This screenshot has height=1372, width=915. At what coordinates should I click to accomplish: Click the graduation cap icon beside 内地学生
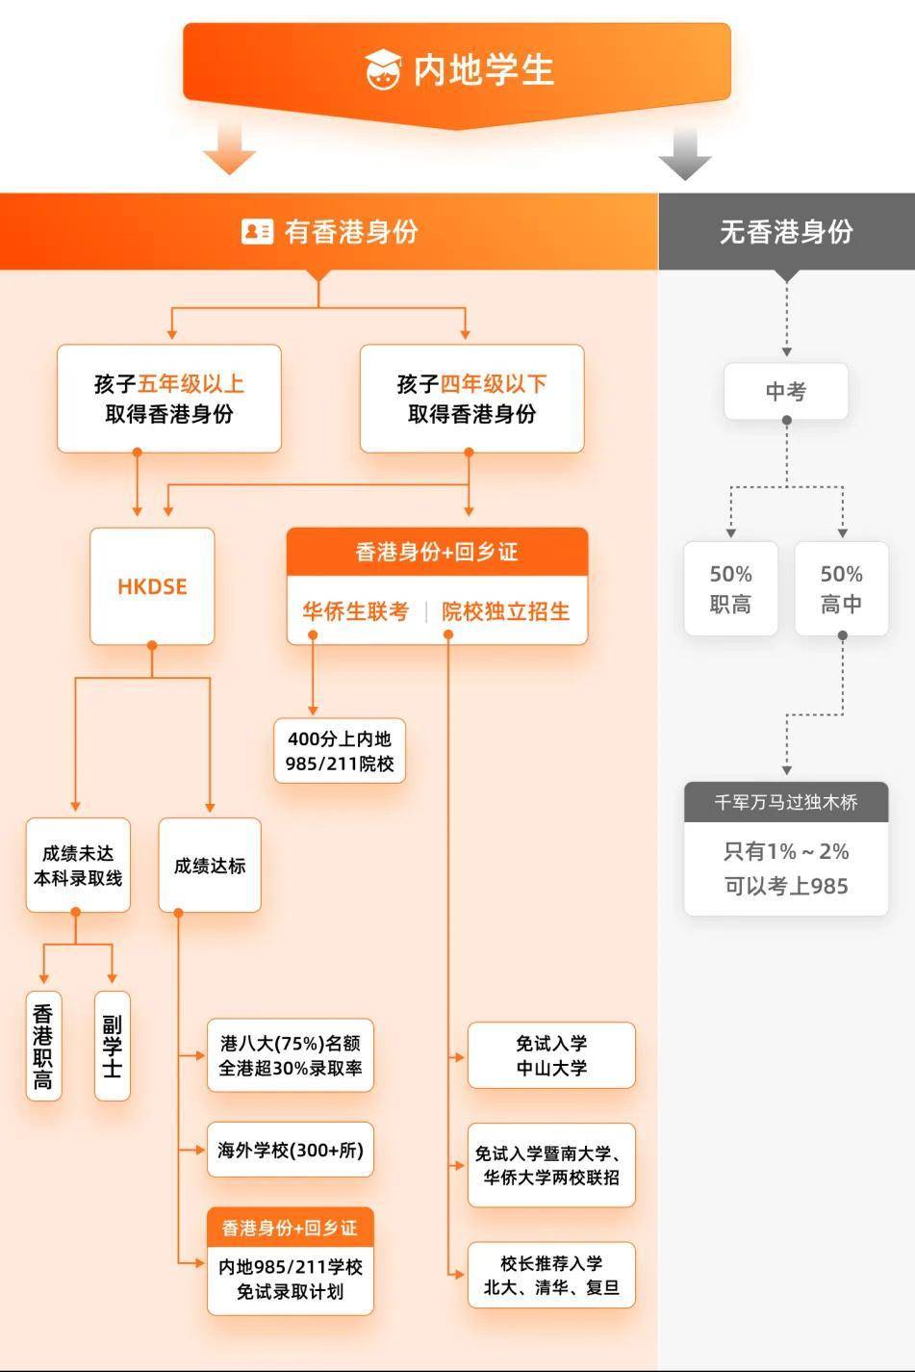(x=383, y=69)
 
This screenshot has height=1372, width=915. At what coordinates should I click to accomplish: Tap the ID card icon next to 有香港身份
(x=257, y=231)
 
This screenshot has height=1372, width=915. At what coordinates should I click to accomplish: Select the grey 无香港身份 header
(x=786, y=231)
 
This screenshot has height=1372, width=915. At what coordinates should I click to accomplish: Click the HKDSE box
(x=152, y=586)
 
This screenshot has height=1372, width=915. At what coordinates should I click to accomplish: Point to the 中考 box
(x=786, y=392)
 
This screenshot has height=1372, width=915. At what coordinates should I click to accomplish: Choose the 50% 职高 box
(x=731, y=588)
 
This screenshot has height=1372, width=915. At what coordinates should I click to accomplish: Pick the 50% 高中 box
(x=842, y=588)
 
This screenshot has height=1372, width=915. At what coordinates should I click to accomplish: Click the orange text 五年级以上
(x=191, y=384)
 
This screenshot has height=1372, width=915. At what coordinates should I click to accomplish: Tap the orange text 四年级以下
(x=494, y=384)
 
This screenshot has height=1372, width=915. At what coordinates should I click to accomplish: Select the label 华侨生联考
(x=356, y=611)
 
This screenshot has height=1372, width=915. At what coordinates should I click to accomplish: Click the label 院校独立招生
(x=506, y=611)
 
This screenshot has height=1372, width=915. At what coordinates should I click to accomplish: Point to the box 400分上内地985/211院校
(x=340, y=751)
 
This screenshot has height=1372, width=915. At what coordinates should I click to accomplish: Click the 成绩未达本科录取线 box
(x=78, y=866)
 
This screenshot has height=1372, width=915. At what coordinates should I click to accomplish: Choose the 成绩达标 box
(x=210, y=866)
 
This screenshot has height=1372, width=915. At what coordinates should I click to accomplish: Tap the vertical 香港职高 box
(x=43, y=1047)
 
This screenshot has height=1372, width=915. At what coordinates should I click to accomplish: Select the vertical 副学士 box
(x=113, y=1047)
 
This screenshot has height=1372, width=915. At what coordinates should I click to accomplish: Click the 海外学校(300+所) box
(x=291, y=1150)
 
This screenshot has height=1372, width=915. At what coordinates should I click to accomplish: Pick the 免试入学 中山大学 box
(x=551, y=1055)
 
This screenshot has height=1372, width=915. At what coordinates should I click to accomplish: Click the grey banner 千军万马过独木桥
(x=786, y=802)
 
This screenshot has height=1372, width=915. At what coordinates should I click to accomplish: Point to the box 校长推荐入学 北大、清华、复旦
(x=551, y=1275)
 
